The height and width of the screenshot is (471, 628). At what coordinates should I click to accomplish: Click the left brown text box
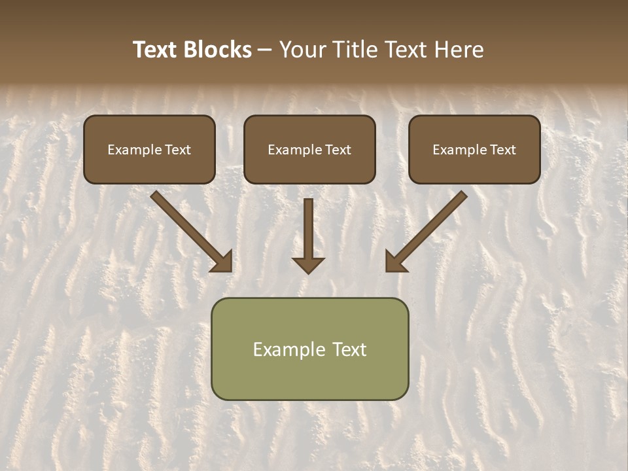[x=149, y=149]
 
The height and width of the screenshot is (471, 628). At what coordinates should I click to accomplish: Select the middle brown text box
[x=309, y=149]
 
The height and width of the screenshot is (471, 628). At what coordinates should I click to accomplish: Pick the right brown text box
[x=474, y=149]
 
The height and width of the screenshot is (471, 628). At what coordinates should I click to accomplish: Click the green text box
[x=309, y=349]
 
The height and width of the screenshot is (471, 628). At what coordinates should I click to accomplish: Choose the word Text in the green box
[x=349, y=349]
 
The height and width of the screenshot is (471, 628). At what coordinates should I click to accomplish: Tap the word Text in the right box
[x=502, y=150]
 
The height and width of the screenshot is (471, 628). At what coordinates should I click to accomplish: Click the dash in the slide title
[x=265, y=50]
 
